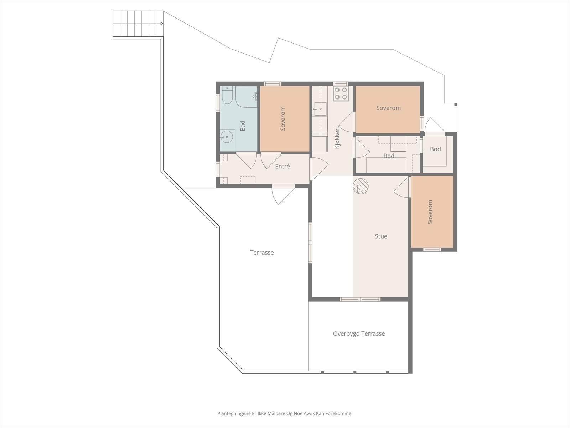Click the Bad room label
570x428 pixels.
pos(243,126)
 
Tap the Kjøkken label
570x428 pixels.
pos(337,138)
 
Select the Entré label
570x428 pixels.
pos(283,166)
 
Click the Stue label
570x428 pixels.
pos(381,236)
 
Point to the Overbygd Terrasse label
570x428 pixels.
pos(359,333)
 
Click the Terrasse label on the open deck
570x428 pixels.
pos(262,253)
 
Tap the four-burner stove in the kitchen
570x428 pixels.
pos(341,93)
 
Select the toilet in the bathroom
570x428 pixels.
pos(227,95)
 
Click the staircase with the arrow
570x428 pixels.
pos(138,24)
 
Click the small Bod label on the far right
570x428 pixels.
pos(435,149)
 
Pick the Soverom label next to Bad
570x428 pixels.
pos(283,118)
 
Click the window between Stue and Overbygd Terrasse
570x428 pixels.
pos(360,299)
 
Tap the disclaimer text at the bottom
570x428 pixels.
pos(285,413)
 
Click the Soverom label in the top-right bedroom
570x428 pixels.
pos(388,108)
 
